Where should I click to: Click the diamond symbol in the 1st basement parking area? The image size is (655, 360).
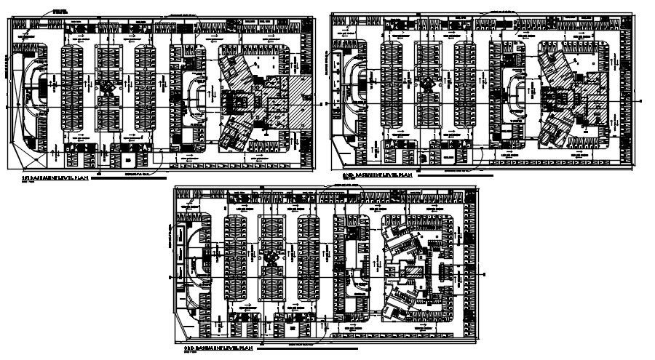[107, 89]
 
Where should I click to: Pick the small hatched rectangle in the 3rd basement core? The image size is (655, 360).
[413, 274]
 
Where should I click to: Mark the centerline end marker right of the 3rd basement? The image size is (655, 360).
[483, 267]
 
